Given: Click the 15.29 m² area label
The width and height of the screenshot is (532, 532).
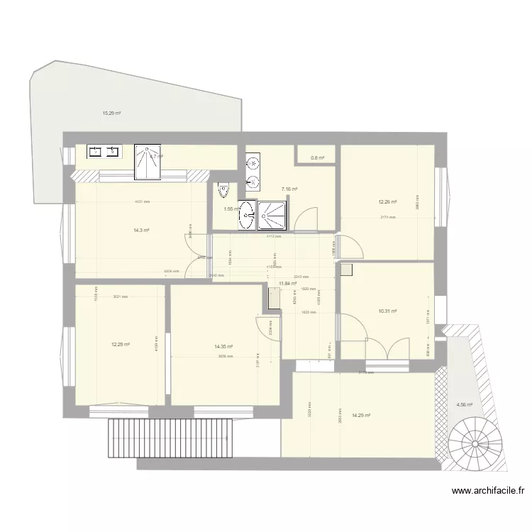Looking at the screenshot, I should click(x=111, y=113).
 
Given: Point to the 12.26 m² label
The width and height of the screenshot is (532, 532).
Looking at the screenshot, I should click(x=387, y=201).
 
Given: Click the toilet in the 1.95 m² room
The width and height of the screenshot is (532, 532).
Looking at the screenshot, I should click(x=224, y=191).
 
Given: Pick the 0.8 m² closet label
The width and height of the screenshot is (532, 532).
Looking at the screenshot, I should click(x=316, y=158).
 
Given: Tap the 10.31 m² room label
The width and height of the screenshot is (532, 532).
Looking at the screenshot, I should click(x=387, y=311).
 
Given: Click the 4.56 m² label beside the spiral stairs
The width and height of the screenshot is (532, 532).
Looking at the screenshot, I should click(x=464, y=405).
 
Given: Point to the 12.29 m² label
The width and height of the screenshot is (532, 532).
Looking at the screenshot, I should click(x=120, y=345).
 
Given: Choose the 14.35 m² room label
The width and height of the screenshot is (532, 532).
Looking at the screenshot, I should click(x=223, y=347).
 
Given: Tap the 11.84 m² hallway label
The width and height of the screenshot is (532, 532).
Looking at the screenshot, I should click(x=287, y=283).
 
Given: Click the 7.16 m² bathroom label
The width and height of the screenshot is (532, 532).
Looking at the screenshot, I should click(x=289, y=189).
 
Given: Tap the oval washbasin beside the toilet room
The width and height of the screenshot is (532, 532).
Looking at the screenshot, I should click(x=248, y=214).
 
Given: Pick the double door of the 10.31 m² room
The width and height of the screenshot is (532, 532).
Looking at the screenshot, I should click(x=387, y=349).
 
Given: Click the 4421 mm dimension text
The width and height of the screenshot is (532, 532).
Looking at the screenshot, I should click(x=143, y=202).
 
